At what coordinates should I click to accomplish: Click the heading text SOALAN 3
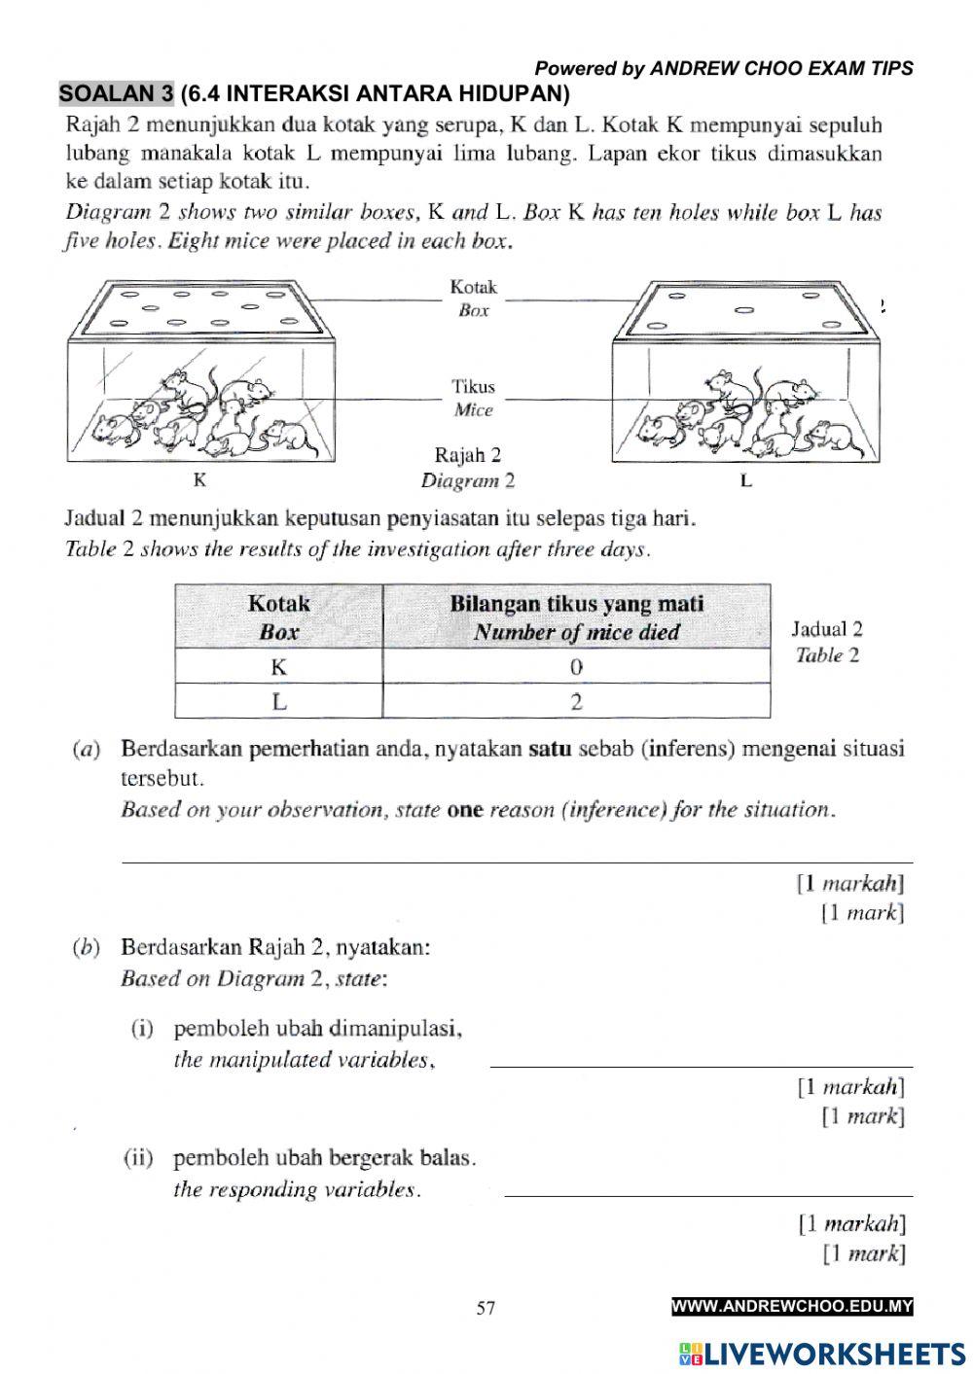click(117, 94)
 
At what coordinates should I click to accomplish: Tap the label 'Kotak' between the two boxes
click(473, 287)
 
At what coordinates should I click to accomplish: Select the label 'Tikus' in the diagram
click(473, 387)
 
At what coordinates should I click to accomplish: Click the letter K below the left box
click(199, 479)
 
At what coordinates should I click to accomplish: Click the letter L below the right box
click(745, 480)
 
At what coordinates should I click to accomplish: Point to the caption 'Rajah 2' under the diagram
click(468, 455)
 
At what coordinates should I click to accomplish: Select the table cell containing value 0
click(576, 667)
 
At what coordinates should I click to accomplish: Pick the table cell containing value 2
click(576, 702)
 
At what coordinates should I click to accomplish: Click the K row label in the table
click(279, 667)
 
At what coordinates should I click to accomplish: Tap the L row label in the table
click(279, 702)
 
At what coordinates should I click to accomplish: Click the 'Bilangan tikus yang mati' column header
click(576, 617)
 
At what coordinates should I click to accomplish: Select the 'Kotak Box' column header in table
click(279, 617)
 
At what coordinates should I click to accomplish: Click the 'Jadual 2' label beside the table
click(827, 629)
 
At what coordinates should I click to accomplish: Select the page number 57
click(486, 1308)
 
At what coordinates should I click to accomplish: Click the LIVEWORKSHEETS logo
click(822, 1353)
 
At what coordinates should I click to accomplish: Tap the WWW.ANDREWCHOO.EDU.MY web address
click(792, 1307)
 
